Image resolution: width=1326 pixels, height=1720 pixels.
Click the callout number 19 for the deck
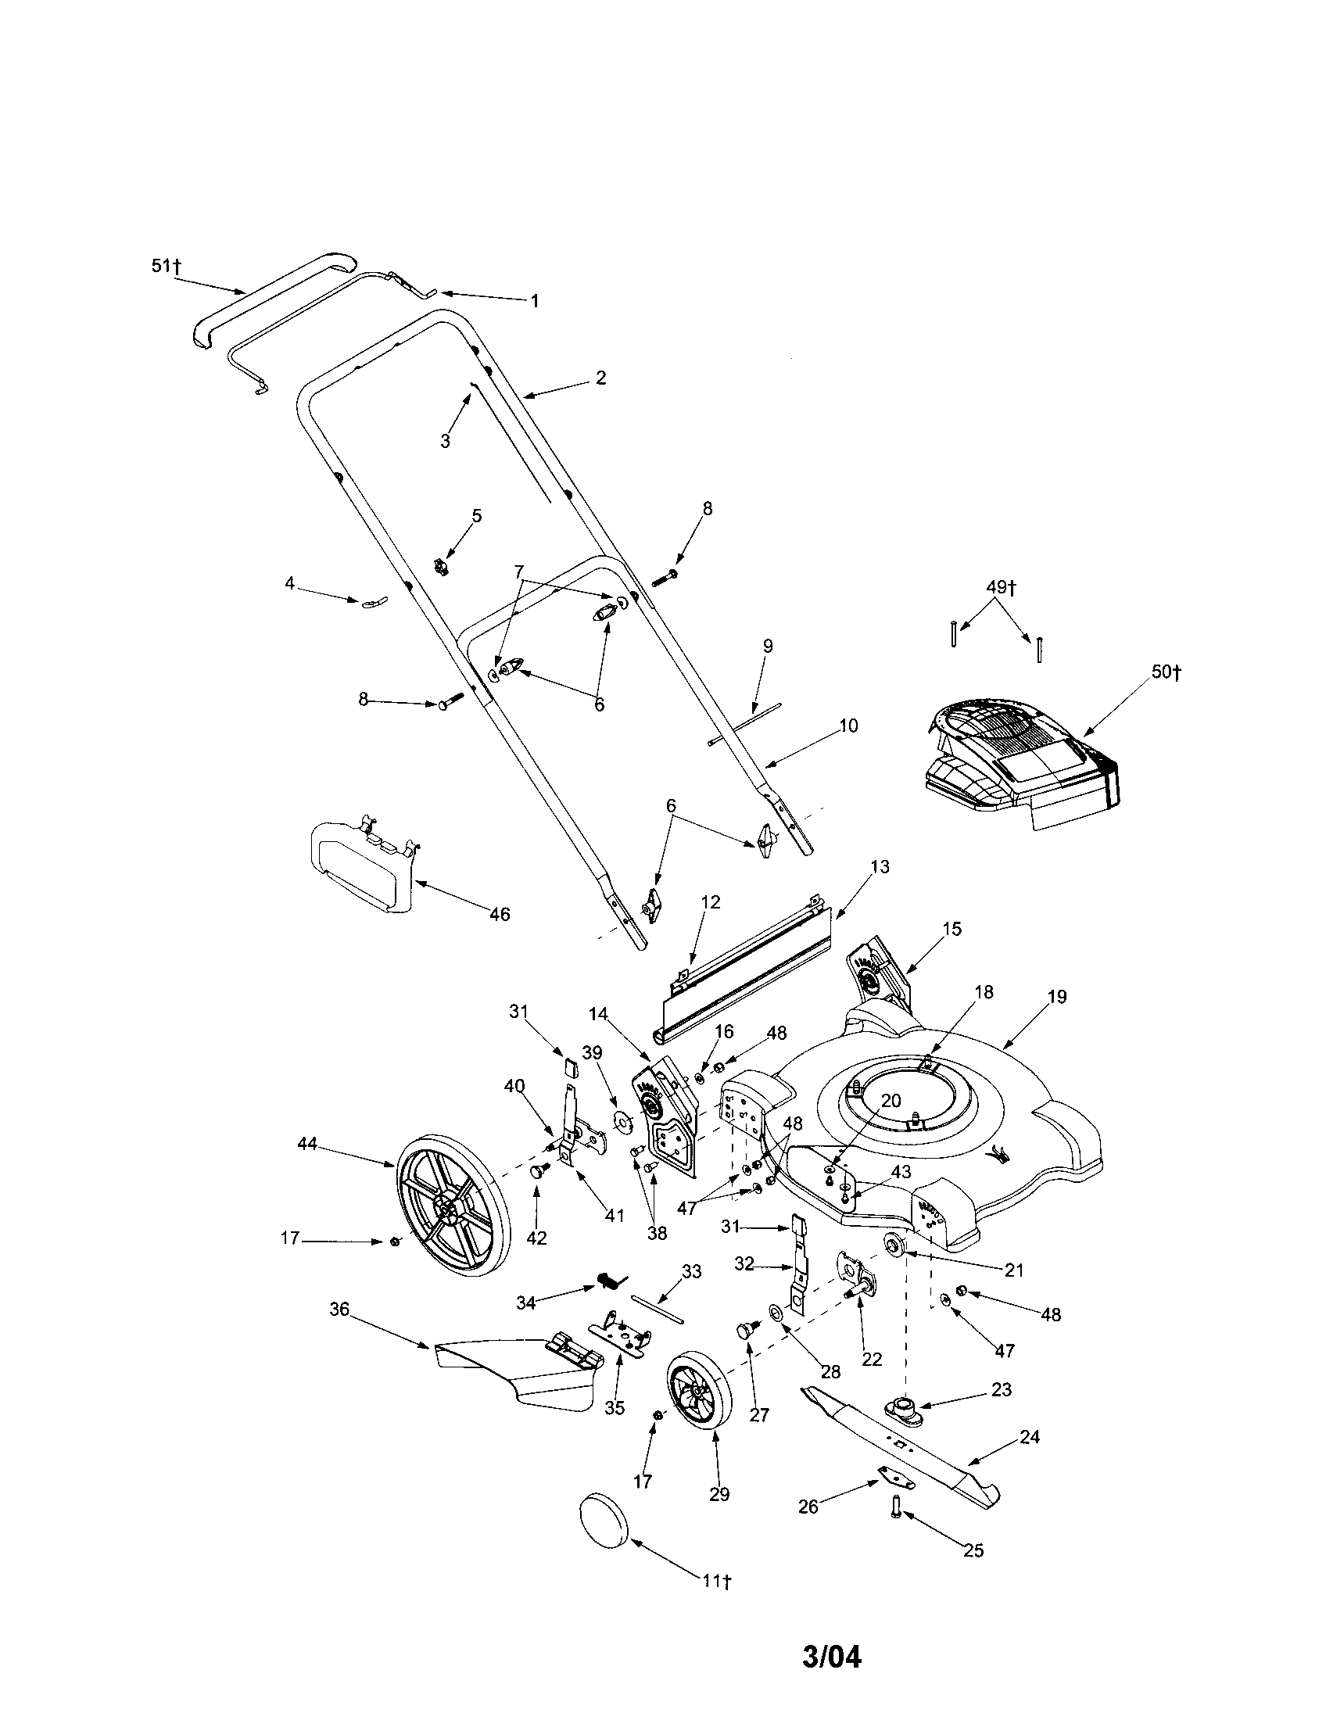[x=1057, y=997]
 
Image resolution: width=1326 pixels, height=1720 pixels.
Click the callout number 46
[x=500, y=915]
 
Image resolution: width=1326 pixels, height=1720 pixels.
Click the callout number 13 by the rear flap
[x=880, y=867]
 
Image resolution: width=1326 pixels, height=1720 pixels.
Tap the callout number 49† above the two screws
[x=1001, y=587]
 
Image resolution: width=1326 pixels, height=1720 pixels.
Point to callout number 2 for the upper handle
[x=600, y=378]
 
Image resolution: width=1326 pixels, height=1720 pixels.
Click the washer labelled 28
[x=776, y=1310]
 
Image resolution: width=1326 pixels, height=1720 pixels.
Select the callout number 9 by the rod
[x=768, y=646]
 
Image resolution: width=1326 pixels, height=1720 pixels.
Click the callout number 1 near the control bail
[x=535, y=301]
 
